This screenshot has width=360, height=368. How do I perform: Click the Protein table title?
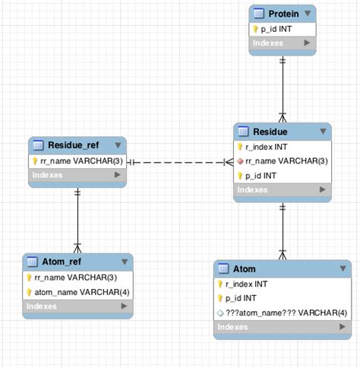point(282,14)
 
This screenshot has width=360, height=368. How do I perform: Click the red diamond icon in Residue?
point(240,161)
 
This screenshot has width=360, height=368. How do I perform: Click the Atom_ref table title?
point(65,262)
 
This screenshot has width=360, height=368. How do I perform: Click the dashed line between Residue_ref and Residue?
point(179,162)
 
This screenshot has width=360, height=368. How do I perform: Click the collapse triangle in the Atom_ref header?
point(122,262)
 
